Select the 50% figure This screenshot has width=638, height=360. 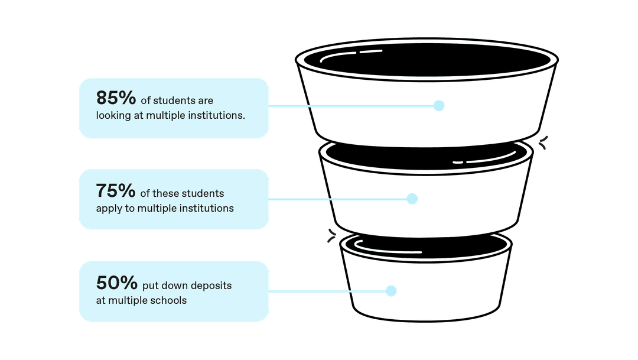point(116,283)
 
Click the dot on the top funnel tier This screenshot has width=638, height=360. point(438,106)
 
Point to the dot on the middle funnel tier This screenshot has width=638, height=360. point(412,199)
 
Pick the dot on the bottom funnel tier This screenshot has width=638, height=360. point(390,291)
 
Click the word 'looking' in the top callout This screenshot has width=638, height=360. point(113,116)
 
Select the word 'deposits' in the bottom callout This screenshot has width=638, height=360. point(212,286)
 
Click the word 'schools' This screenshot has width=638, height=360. point(167,300)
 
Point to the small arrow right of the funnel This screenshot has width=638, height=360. point(543,141)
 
